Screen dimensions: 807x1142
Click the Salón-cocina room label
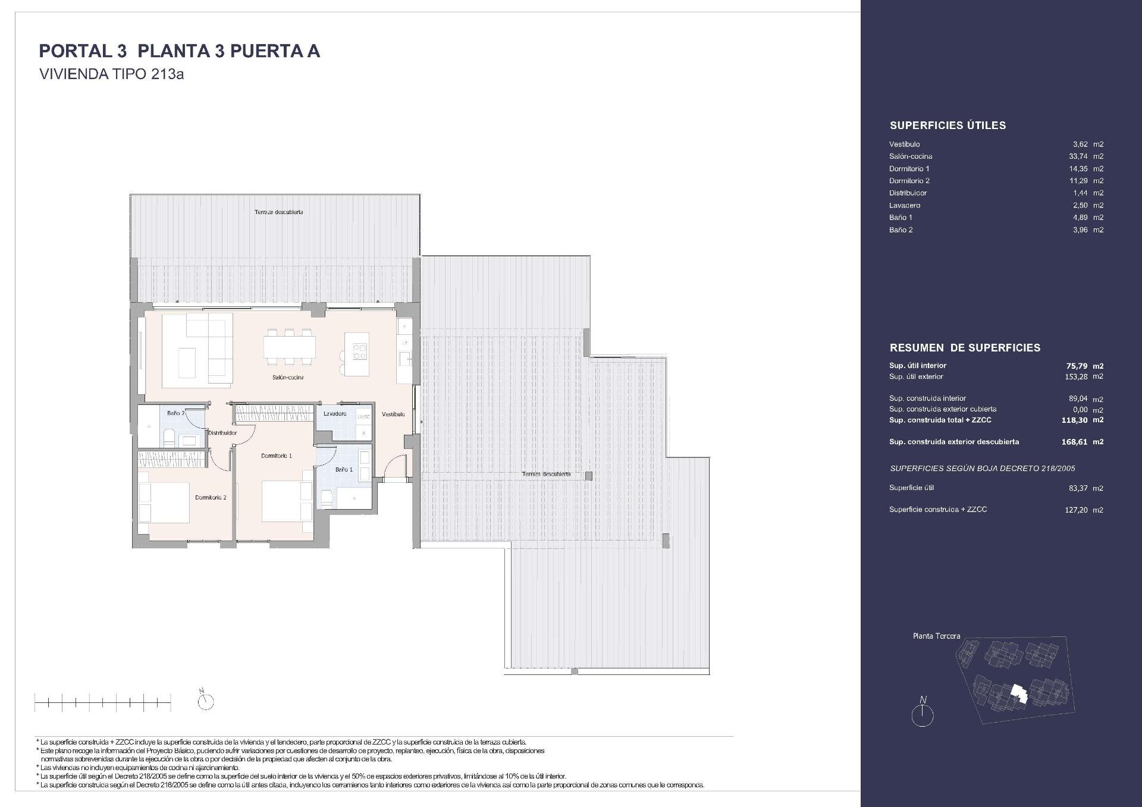[288, 378]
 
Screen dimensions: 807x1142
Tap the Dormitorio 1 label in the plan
[277, 456]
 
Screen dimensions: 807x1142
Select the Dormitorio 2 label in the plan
[211, 498]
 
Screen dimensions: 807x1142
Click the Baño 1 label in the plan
[344, 470]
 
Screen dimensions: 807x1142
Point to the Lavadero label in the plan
[335, 414]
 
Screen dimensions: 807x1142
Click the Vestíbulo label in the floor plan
[393, 415]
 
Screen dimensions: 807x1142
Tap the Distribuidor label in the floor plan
[222, 433]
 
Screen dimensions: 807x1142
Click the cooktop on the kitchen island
[360, 352]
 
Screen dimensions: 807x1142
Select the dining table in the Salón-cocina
[290, 346]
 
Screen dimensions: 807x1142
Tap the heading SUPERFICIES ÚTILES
[948, 125]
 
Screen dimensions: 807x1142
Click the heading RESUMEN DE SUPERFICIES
[965, 348]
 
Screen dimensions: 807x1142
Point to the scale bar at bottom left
[102, 703]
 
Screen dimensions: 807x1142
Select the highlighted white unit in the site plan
[1019, 693]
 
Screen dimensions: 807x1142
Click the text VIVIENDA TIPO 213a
[111, 75]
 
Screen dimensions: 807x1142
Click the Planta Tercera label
[936, 636]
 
